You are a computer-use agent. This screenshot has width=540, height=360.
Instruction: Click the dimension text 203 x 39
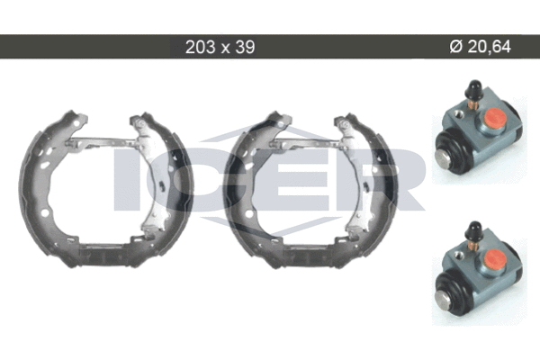click(x=220, y=47)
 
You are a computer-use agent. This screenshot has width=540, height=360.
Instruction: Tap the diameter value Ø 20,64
click(x=480, y=47)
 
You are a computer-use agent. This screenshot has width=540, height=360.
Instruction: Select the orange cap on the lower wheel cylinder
click(x=494, y=258)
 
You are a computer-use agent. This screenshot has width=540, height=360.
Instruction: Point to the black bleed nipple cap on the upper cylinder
click(x=473, y=88)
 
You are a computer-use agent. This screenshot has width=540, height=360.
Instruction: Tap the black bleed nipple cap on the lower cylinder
click(x=473, y=229)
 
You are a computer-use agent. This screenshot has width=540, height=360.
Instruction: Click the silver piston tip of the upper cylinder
click(x=444, y=160)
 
